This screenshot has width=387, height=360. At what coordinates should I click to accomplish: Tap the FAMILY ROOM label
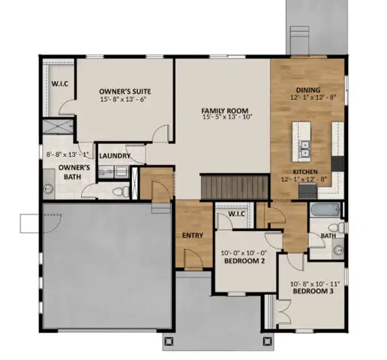[x=223, y=108]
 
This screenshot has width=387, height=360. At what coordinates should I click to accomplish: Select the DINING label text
[x=307, y=91]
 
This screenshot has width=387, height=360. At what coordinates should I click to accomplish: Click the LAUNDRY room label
[x=115, y=156]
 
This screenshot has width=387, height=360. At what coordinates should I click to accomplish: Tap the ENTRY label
[x=193, y=235]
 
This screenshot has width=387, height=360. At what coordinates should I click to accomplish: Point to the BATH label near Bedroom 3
[x=328, y=235]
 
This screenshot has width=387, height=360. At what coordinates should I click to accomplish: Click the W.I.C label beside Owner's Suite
[x=58, y=83]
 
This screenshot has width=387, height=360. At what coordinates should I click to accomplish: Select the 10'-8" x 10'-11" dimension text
[x=315, y=283]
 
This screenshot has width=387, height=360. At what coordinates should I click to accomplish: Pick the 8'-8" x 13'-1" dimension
[x=67, y=155]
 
